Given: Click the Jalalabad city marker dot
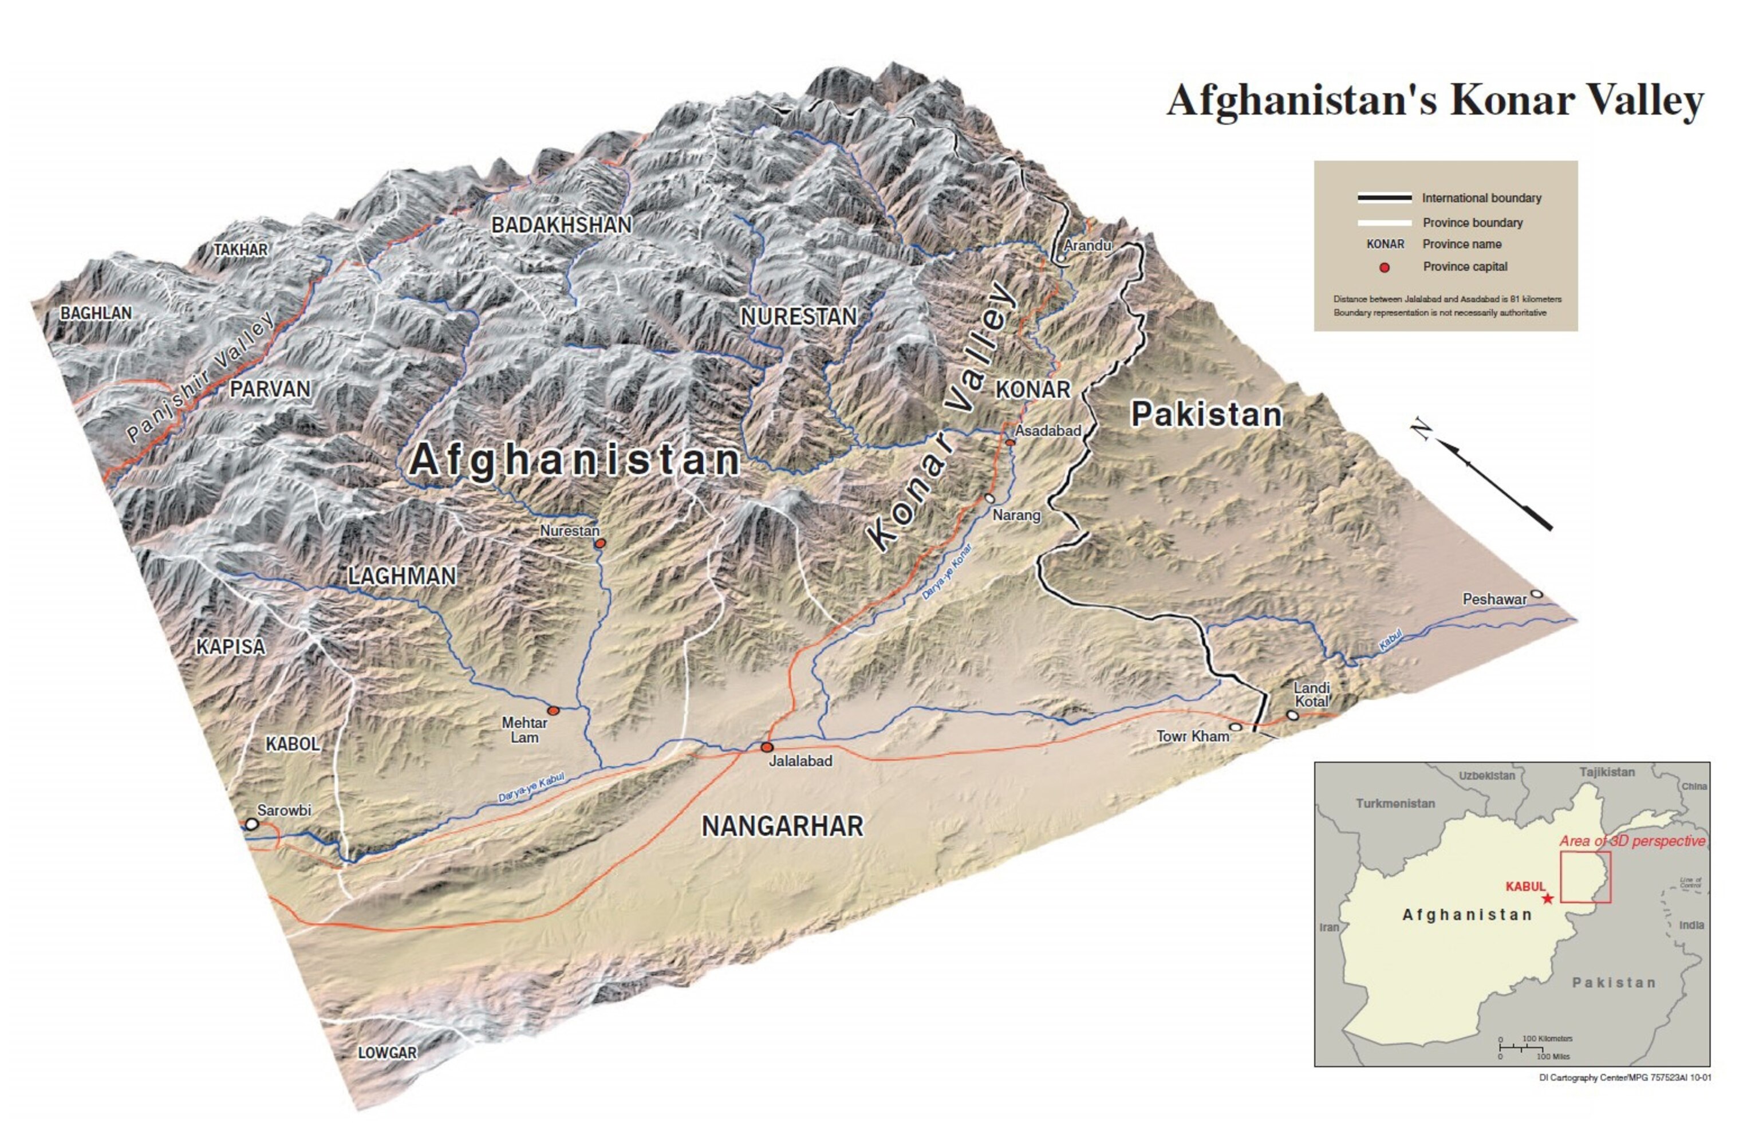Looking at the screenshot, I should pyautogui.click(x=767, y=747).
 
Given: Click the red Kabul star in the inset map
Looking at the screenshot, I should pyautogui.click(x=1547, y=898).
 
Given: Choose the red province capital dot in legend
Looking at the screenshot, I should pyautogui.click(x=1385, y=267).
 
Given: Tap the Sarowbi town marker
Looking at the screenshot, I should pyautogui.click(x=252, y=823).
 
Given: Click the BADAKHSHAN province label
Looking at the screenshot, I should pyautogui.click(x=562, y=225).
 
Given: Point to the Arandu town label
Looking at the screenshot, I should pyautogui.click(x=1087, y=245).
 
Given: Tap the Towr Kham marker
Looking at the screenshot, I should pyautogui.click(x=1235, y=727).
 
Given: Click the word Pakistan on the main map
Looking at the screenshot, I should pyautogui.click(x=1206, y=415).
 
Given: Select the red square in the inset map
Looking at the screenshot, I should pyautogui.click(x=1586, y=877).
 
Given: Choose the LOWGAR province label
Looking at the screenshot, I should pyautogui.click(x=387, y=1052).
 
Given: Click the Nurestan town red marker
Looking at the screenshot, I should pyautogui.click(x=601, y=543).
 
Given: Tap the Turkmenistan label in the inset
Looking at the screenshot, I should pyautogui.click(x=1395, y=804).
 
